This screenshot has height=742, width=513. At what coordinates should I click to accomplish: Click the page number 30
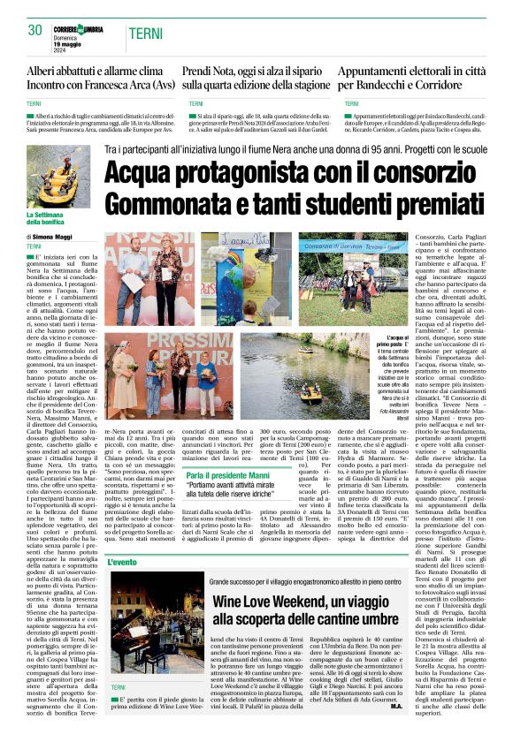pyautogui.click(x=35, y=30)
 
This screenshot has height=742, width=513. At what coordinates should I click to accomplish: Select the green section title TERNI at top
pyautogui.click(x=145, y=33)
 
